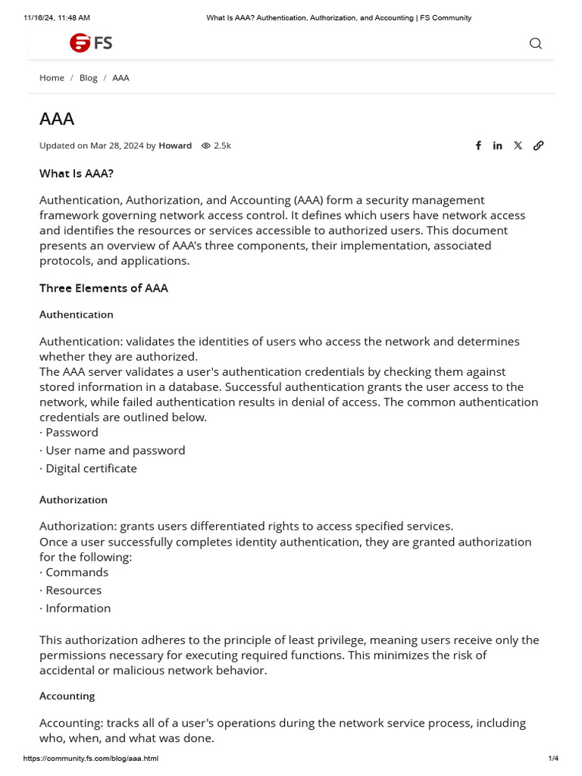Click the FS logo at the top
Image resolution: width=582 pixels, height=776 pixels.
(x=90, y=43)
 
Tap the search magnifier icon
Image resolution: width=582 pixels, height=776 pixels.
(x=536, y=43)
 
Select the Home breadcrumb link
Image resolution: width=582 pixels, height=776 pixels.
(x=52, y=78)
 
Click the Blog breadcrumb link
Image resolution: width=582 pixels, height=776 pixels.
(x=88, y=78)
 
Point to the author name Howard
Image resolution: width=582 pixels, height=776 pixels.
(x=175, y=145)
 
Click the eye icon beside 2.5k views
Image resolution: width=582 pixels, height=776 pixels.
(x=205, y=145)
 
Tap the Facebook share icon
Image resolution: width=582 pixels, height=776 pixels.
(x=478, y=145)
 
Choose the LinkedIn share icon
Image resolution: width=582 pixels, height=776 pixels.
(x=497, y=145)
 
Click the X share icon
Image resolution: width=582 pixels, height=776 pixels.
(x=518, y=145)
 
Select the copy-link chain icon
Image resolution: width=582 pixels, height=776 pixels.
(x=538, y=145)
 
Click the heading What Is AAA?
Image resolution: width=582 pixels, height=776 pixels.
(x=77, y=174)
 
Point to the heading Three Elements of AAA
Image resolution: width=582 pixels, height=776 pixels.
(x=104, y=288)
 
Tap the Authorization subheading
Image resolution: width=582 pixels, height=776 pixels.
(x=74, y=500)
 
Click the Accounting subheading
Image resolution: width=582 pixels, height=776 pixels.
(x=67, y=696)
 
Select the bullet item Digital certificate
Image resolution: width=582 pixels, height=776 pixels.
(x=91, y=468)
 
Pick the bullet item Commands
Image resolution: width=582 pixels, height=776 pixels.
(x=77, y=572)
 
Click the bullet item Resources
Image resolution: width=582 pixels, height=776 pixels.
(x=73, y=590)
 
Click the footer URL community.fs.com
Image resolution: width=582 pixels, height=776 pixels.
(x=90, y=759)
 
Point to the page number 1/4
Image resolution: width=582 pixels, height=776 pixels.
(x=553, y=759)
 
